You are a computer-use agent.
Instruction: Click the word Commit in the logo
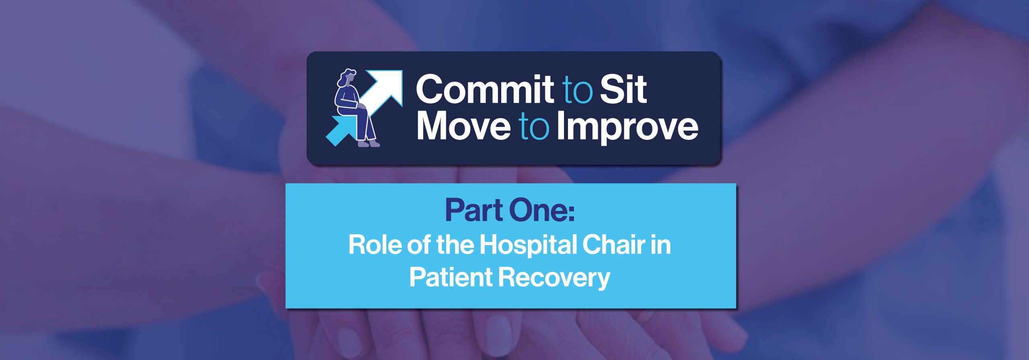485,89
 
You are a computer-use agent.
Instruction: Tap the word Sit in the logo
623,89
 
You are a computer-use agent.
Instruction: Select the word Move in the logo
464,126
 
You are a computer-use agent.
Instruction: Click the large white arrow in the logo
382,92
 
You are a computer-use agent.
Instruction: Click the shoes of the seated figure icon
369,143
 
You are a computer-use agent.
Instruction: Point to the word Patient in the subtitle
451,277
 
